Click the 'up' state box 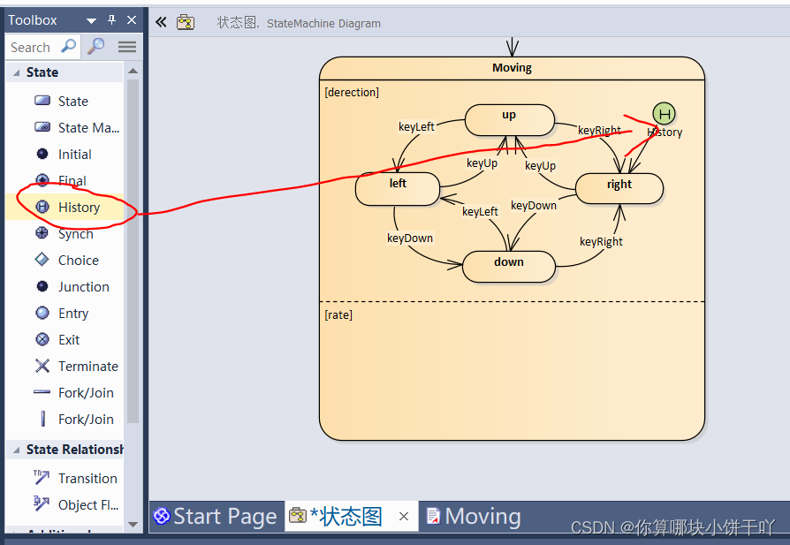[x=509, y=119]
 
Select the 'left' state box [x=398, y=187]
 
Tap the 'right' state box [x=619, y=187]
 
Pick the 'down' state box [x=509, y=266]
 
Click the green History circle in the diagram [x=664, y=113]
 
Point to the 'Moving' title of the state [x=512, y=68]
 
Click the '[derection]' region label [x=352, y=92]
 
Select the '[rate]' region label [x=338, y=314]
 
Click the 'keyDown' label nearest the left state [x=410, y=238]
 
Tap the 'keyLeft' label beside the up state [x=416, y=126]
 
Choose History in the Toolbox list [x=79, y=207]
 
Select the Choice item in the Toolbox [x=78, y=260]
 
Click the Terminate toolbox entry [x=87, y=366]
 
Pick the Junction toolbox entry [x=83, y=286]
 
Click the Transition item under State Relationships [x=87, y=478]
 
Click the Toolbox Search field [x=32, y=47]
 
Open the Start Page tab [x=216, y=516]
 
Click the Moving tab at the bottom [x=482, y=516]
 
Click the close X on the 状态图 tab [x=404, y=517]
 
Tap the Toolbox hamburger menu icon [x=127, y=47]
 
